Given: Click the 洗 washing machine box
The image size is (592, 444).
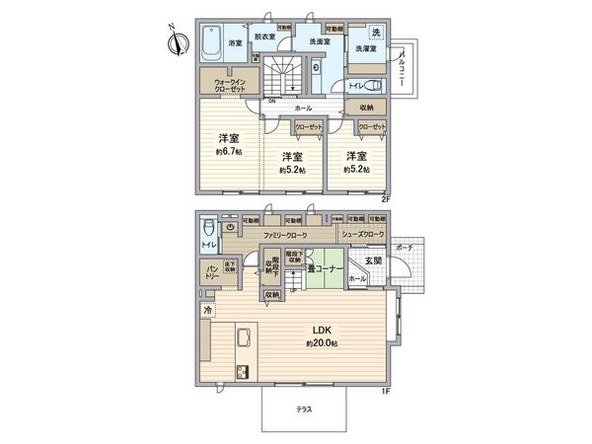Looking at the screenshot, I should click(x=376, y=33).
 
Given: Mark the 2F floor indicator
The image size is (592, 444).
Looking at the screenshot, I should click(x=387, y=199).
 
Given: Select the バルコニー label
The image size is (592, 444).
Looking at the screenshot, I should click(x=406, y=70).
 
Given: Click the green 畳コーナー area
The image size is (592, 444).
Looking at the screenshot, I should click(x=323, y=270).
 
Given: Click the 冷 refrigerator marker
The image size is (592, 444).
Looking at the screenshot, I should click(x=207, y=311).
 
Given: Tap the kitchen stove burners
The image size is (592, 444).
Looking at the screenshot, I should click(x=241, y=372).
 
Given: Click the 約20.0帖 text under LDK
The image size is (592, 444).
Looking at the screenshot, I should click(x=322, y=342).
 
